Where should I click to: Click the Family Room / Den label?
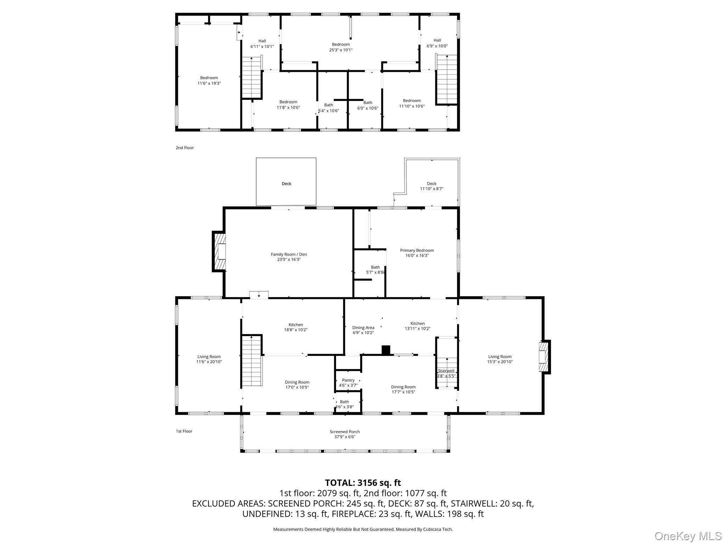tap(289, 254)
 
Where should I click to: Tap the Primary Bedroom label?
tap(417, 250)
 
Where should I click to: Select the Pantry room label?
tap(348, 380)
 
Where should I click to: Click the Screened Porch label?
tap(345, 432)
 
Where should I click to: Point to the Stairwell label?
tap(446, 371)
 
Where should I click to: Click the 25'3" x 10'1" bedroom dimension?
tap(341, 50)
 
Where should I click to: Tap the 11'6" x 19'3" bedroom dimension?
tap(209, 83)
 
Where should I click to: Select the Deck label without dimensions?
tap(286, 183)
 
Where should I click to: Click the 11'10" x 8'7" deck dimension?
tap(432, 189)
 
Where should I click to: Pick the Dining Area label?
tap(363, 328)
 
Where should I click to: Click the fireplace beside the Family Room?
tap(219, 251)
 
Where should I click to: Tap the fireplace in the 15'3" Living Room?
tap(544, 357)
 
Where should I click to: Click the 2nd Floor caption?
tap(185, 148)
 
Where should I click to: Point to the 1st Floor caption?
tap(184, 431)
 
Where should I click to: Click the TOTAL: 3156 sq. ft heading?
tap(363, 483)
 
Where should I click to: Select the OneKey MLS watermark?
tap(688, 536)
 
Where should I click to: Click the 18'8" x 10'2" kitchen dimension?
tap(296, 330)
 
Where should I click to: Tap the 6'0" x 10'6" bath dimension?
tap(368, 108)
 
